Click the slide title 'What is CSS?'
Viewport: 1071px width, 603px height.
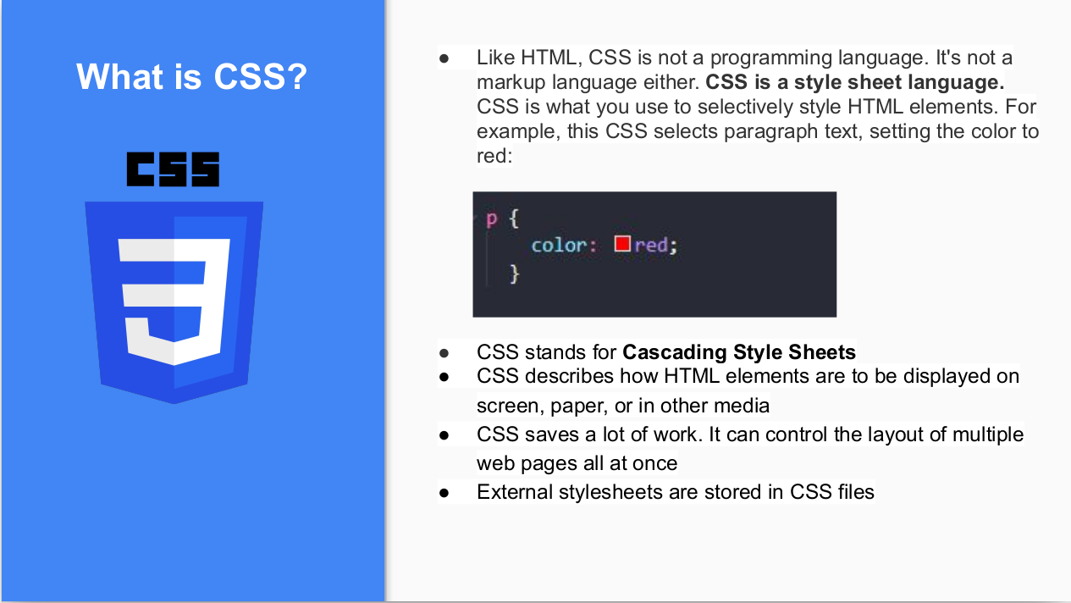click(191, 76)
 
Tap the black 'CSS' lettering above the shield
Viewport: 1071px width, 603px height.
click(173, 169)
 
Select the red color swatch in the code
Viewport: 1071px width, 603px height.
click(622, 244)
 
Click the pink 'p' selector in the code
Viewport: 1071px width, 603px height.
click(491, 219)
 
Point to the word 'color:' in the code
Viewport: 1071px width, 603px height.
click(564, 245)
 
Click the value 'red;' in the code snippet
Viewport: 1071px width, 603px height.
click(657, 245)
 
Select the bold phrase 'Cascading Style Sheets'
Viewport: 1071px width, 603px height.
click(739, 352)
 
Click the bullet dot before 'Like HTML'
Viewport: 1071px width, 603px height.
click(444, 58)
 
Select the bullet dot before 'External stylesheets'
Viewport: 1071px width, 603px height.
click(444, 492)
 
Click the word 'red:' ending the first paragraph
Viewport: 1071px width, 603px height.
click(494, 156)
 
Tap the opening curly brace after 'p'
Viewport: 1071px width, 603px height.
click(513, 219)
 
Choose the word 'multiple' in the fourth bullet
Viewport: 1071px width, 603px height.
click(988, 434)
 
